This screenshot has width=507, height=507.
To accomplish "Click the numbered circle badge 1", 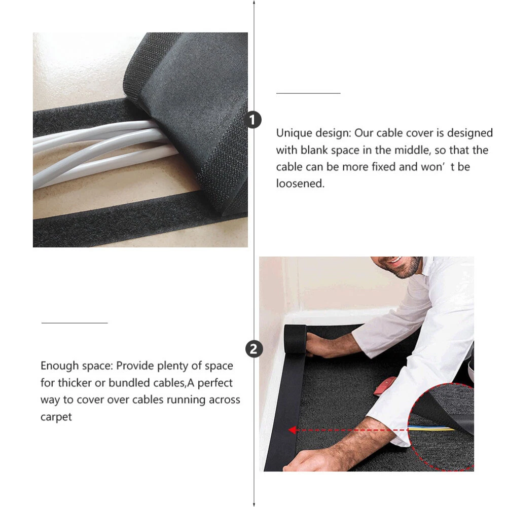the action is click(x=252, y=120).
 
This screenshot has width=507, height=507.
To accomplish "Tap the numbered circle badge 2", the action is click(x=254, y=349).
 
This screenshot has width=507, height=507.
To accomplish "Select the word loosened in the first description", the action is click(x=300, y=184).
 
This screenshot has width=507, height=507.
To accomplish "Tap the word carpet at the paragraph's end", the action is click(x=56, y=417).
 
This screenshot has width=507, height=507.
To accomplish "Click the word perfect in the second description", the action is click(x=214, y=383).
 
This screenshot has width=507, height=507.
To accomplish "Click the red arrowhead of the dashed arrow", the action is click(x=293, y=430).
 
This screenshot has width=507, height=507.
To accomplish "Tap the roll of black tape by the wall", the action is click(x=295, y=339).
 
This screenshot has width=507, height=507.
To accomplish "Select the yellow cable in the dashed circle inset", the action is click(x=431, y=428).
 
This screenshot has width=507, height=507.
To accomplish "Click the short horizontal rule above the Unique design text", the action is click(x=308, y=93).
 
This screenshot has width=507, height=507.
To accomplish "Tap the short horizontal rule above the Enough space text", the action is click(x=75, y=322).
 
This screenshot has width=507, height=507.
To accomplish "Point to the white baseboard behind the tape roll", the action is click(x=340, y=317).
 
